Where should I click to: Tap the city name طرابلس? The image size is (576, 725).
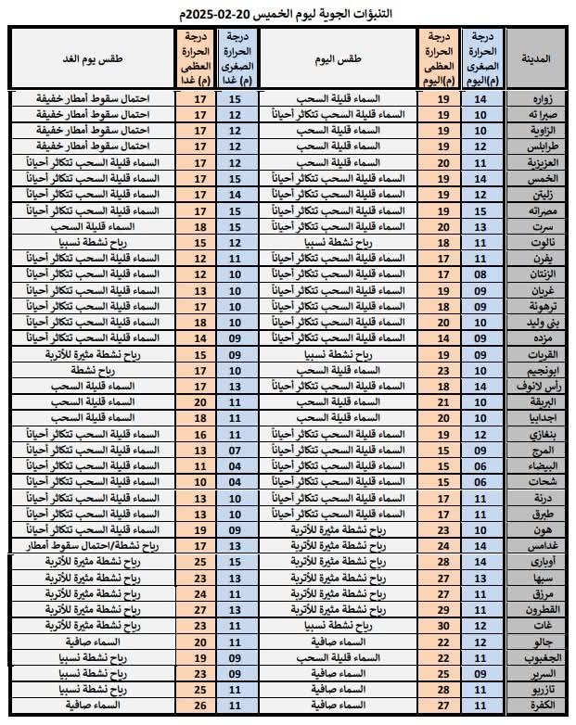click(x=535, y=146)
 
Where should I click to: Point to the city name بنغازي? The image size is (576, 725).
click(x=537, y=433)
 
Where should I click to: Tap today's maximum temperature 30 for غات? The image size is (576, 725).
click(x=442, y=625)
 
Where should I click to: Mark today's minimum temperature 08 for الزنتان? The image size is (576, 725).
click(x=480, y=274)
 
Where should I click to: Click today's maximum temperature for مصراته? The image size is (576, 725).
click(x=442, y=210)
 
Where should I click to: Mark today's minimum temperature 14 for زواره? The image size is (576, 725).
click(x=480, y=98)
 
